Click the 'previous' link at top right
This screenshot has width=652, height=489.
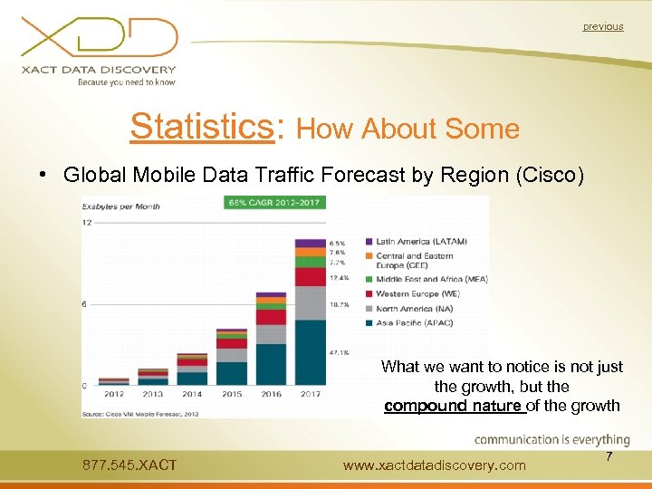(602, 26)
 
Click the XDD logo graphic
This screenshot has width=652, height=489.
(100, 38)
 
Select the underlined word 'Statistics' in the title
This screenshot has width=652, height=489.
(202, 128)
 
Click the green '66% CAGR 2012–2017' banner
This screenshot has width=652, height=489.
(275, 202)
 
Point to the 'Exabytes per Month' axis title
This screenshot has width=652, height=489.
(121, 206)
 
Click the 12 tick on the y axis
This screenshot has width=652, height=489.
(87, 222)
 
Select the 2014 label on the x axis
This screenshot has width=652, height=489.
(191, 395)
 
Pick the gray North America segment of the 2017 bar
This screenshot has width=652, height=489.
(310, 302)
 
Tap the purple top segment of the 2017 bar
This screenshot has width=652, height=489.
(310, 244)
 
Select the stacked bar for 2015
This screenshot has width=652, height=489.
(231, 358)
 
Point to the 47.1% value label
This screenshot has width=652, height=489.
(340, 353)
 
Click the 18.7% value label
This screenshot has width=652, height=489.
(340, 305)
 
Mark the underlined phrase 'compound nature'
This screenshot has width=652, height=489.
(454, 406)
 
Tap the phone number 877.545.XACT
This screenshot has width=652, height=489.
(129, 465)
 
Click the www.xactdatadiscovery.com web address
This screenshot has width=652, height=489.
(435, 465)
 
